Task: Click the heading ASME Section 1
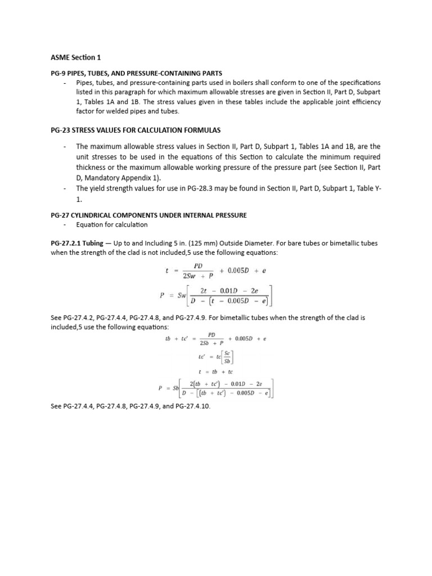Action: coord(75,57)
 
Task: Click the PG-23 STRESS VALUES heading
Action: coord(136,130)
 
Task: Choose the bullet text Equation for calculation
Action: coord(112,225)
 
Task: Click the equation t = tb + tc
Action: coord(217,372)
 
